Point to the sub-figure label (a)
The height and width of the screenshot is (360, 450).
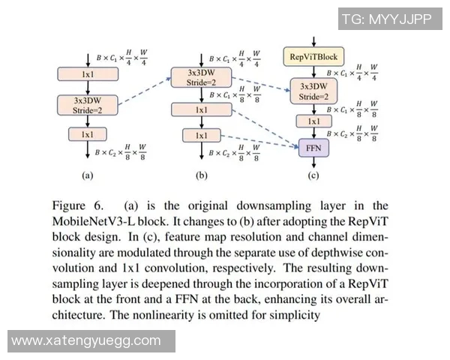87,178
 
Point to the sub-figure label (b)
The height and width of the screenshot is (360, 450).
200,178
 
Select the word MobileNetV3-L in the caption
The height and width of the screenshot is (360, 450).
92,223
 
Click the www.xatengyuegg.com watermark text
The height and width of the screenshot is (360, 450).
86,340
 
